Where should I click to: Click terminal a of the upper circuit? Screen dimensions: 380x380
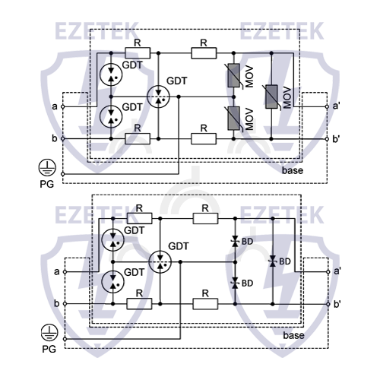coord(63,106)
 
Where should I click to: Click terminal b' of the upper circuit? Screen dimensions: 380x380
coord(327,139)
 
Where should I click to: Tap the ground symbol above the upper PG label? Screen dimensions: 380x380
coord(47,167)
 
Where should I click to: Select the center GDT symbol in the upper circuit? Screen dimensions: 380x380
coord(158,97)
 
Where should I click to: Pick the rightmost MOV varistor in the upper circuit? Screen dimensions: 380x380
coord(271,97)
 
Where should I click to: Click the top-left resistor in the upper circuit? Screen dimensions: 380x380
coord(138,53)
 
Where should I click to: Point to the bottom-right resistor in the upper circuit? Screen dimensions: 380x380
coord(204,139)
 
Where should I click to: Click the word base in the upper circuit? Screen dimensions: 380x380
coord(293,170)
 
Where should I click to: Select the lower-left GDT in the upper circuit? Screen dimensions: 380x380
coord(111,116)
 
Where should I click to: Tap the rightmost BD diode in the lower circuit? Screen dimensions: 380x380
coord(273,261)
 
